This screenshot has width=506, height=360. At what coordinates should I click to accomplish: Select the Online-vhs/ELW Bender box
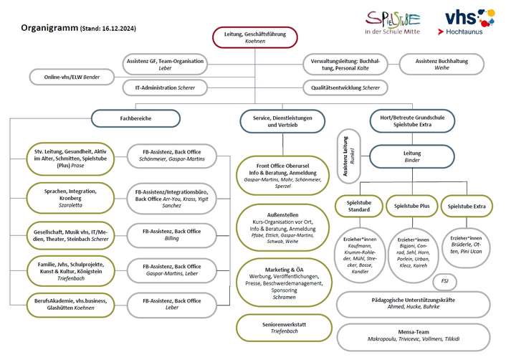coord(72,76)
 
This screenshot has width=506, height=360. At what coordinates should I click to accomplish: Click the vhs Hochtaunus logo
coord(469,22)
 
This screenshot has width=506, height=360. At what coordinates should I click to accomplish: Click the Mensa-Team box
coord(414,333)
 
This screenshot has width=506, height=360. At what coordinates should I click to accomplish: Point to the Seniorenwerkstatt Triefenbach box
coord(285,328)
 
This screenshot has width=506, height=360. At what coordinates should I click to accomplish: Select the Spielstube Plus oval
coord(411,207)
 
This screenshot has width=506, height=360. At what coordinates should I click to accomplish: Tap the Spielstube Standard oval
coord(360,207)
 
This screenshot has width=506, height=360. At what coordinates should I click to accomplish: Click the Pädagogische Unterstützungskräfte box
coord(414,303)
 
